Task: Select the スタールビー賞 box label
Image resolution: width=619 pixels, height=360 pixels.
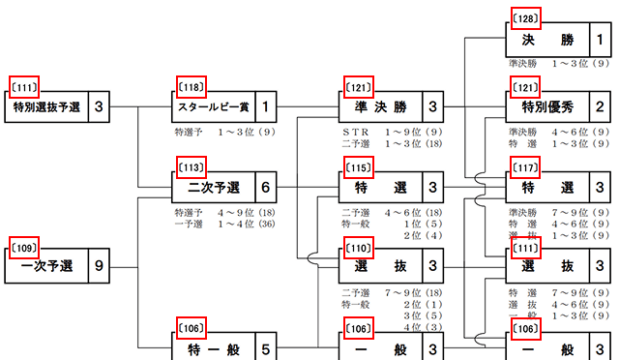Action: click(x=215, y=106)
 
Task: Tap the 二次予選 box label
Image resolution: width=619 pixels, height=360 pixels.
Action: click(x=215, y=186)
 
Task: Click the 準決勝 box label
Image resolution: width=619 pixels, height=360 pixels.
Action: click(x=381, y=106)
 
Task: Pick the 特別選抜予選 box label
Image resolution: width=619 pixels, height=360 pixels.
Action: click(x=48, y=106)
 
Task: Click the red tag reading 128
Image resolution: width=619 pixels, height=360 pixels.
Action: click(x=523, y=19)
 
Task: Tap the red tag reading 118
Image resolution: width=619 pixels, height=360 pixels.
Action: click(x=191, y=86)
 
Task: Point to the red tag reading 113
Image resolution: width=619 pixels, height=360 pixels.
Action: click(x=191, y=165)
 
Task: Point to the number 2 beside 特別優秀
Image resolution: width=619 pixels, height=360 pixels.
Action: click(x=600, y=106)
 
